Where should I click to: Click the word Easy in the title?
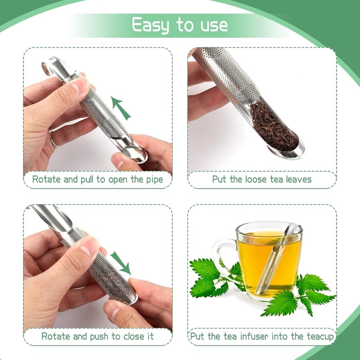pos(151,25)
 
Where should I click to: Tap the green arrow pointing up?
pos(121,108)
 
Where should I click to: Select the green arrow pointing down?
pos(121,263)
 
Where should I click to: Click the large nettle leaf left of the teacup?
pos(205,270)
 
